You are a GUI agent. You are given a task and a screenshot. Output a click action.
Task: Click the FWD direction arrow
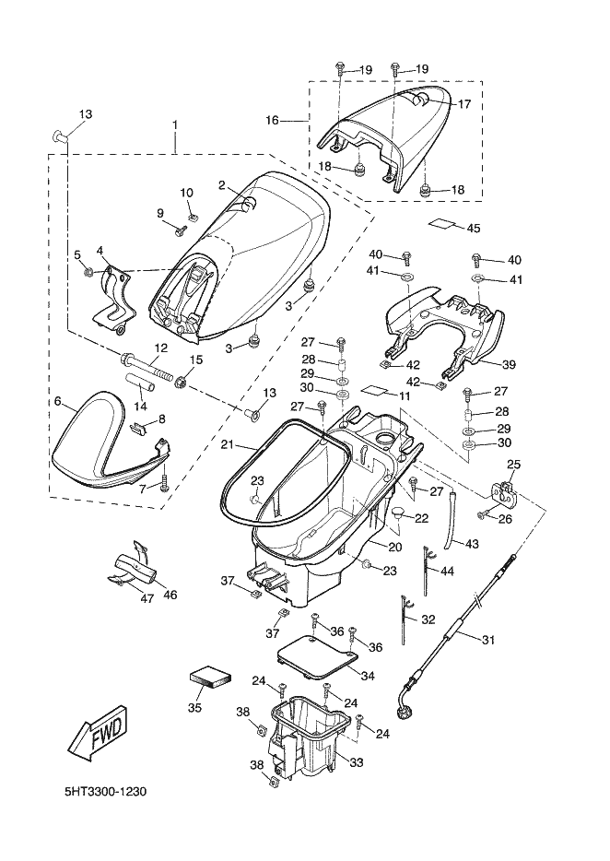click(96, 733)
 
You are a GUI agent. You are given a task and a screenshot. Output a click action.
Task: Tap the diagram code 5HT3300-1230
click(107, 792)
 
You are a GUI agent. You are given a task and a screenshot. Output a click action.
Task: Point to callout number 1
click(175, 124)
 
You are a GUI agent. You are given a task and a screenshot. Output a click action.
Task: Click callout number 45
click(474, 228)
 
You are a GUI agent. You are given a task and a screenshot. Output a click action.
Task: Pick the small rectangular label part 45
click(444, 223)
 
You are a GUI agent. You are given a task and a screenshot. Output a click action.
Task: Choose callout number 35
click(194, 707)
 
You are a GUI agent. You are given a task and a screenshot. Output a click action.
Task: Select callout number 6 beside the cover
click(58, 402)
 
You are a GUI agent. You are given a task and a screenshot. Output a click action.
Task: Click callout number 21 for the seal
click(227, 445)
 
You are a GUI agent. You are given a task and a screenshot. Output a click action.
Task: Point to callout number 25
click(513, 464)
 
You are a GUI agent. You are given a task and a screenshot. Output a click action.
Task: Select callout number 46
click(170, 596)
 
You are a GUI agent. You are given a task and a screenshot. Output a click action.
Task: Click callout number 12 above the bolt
click(160, 348)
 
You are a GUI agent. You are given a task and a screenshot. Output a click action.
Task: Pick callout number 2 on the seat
click(222, 184)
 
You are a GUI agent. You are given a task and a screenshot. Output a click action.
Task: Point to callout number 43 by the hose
click(471, 544)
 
